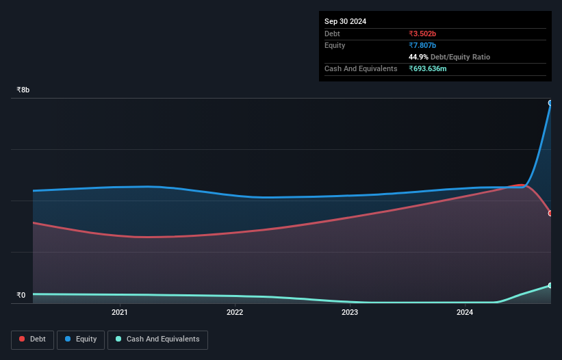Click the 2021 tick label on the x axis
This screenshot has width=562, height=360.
tap(120, 313)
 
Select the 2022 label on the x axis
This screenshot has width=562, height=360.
tap(235, 313)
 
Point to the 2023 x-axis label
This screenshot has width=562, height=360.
tap(350, 313)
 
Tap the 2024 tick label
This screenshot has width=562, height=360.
tap(465, 313)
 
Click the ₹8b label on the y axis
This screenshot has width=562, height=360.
tap(23, 90)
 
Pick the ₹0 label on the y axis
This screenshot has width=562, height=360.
tap(21, 296)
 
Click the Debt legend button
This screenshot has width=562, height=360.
tap(32, 339)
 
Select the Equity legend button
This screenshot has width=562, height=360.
tap(81, 339)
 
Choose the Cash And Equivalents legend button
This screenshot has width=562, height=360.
tap(157, 339)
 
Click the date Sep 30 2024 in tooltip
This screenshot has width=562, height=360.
tap(346, 21)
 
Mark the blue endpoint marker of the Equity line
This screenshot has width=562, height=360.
tap(550, 103)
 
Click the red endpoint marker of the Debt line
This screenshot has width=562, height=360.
tap(550, 214)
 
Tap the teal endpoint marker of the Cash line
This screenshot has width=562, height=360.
tap(550, 285)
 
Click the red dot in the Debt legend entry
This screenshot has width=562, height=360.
tap(23, 339)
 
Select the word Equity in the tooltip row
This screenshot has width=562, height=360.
tap(335, 45)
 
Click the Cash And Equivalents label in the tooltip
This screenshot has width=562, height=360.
tap(361, 68)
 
